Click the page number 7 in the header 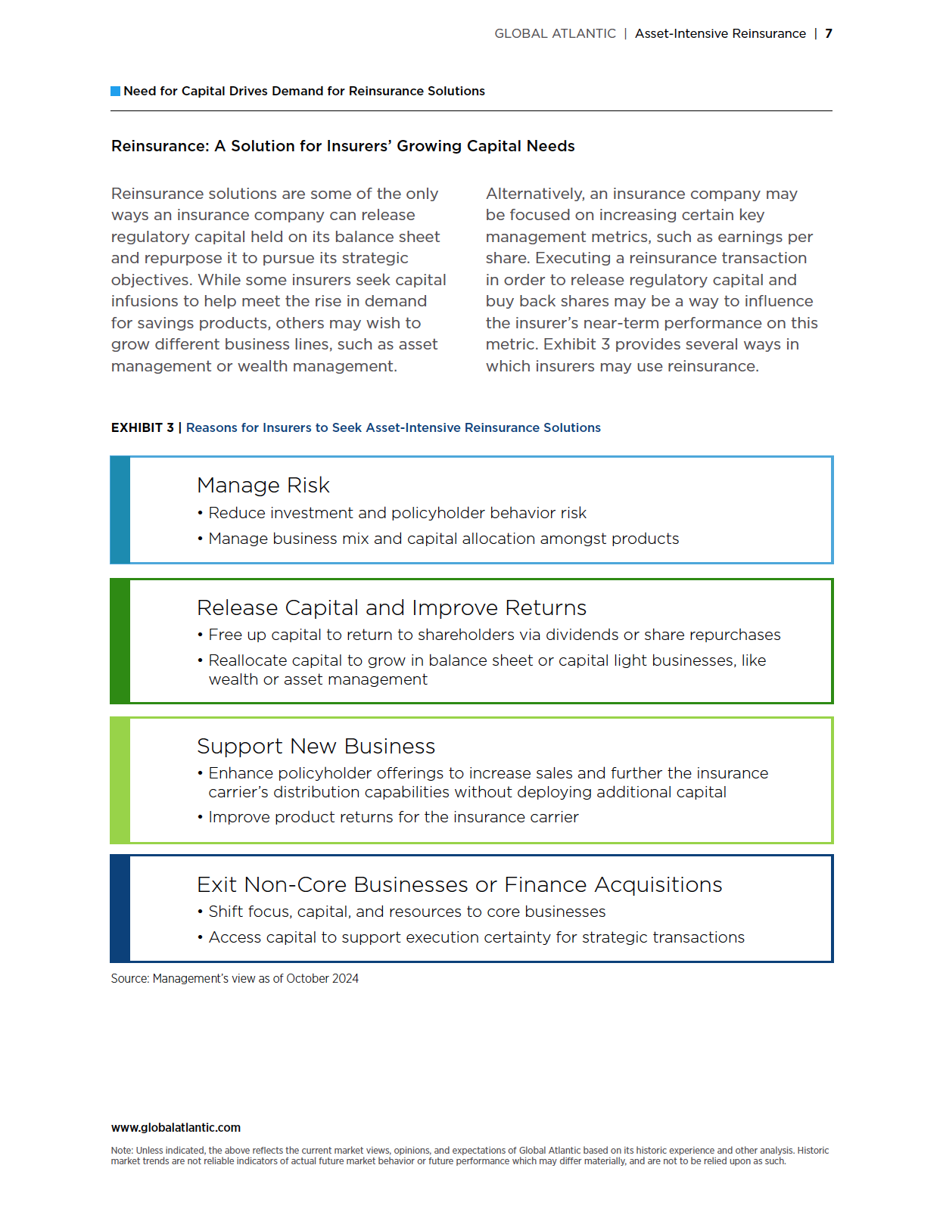click(x=829, y=33)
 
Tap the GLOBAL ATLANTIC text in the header click(x=555, y=33)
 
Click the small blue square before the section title click(x=116, y=91)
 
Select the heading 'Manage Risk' click(x=263, y=485)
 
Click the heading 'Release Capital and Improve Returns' click(x=391, y=607)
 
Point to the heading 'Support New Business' click(x=316, y=746)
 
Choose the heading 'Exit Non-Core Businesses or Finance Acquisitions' click(x=459, y=884)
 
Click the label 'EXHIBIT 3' click(x=142, y=427)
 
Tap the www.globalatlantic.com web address click(x=176, y=1127)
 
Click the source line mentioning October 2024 click(x=235, y=978)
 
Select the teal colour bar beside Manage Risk click(x=120, y=510)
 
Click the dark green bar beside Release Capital click(x=120, y=641)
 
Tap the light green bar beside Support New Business click(x=120, y=780)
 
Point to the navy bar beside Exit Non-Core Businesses click(x=120, y=909)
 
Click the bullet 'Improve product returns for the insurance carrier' click(x=393, y=817)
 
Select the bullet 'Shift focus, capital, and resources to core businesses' click(x=406, y=912)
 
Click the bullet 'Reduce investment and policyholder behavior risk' click(x=397, y=513)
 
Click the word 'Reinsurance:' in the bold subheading click(x=160, y=146)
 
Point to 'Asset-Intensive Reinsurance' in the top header click(x=720, y=33)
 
